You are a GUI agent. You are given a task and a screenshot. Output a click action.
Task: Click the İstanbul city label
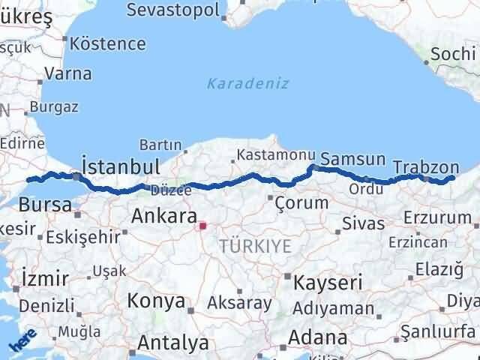[x=120, y=166]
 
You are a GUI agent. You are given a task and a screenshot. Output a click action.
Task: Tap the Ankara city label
[x=163, y=217]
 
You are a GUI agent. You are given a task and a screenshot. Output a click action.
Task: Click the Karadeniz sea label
[x=248, y=83]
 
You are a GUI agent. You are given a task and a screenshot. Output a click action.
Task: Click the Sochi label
[x=453, y=54]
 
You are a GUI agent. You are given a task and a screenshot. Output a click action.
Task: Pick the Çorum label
[x=301, y=202]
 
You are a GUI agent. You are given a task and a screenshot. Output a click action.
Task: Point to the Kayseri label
[x=328, y=283]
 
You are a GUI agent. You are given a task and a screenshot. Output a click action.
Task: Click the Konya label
[x=157, y=301]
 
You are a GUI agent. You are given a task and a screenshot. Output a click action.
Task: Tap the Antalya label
[x=173, y=343]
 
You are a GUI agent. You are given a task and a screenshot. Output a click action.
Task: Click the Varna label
[x=67, y=73]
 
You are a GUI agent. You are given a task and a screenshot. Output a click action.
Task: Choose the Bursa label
[x=45, y=204]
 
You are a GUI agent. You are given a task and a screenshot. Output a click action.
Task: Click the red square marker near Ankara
[x=202, y=224]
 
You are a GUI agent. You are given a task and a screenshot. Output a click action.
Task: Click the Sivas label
[x=363, y=223]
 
